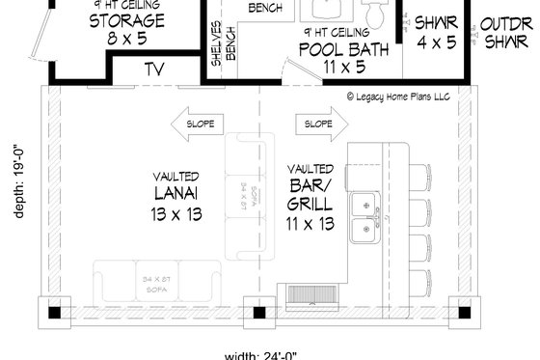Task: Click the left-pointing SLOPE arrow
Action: pyautogui.click(x=201, y=124)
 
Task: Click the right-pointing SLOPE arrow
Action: pyautogui.click(x=320, y=124)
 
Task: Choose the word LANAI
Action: pyautogui.click(x=175, y=197)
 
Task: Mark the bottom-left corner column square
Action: pyautogui.click(x=53, y=312)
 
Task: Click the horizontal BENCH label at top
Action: pyautogui.click(x=264, y=8)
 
